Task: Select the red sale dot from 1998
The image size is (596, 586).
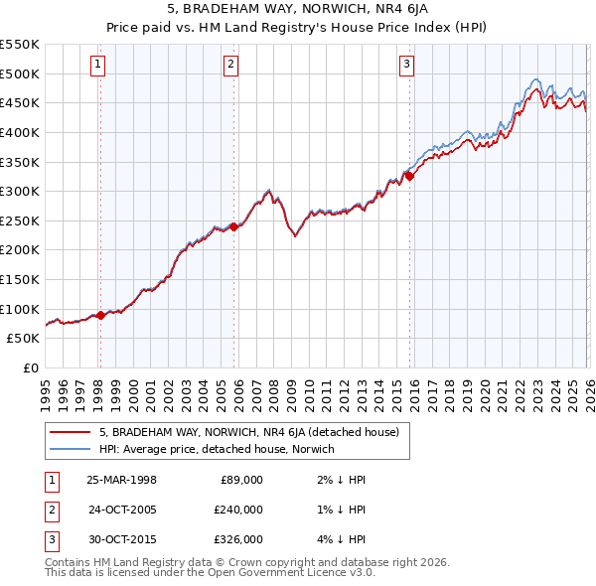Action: point(100,315)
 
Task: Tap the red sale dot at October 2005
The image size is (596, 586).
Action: point(233,226)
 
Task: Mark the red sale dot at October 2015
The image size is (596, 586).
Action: point(409,176)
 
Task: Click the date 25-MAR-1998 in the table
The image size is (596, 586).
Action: point(121,480)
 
